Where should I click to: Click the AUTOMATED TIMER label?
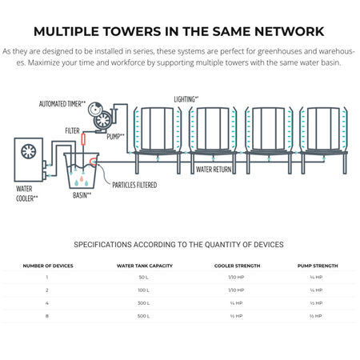click(62, 104)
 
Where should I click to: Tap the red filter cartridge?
click(83, 139)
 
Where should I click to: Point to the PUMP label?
click(115, 136)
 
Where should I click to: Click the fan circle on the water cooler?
click(28, 151)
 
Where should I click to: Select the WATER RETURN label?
click(214, 170)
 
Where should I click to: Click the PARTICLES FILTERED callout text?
click(134, 185)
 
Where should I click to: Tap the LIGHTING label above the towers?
click(186, 99)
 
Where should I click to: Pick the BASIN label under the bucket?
click(82, 195)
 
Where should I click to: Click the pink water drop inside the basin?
click(82, 178)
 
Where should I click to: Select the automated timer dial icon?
click(95, 108)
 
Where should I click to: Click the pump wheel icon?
click(103, 120)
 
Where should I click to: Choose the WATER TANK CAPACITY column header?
click(145, 266)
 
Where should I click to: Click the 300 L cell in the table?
click(144, 303)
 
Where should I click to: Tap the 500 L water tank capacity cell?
click(143, 316)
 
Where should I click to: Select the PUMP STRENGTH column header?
click(318, 266)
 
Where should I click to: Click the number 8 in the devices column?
click(47, 316)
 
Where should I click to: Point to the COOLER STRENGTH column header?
click(237, 266)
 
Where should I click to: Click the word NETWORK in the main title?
click(290, 31)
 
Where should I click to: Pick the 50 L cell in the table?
click(143, 277)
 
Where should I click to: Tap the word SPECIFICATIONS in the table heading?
click(102, 245)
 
